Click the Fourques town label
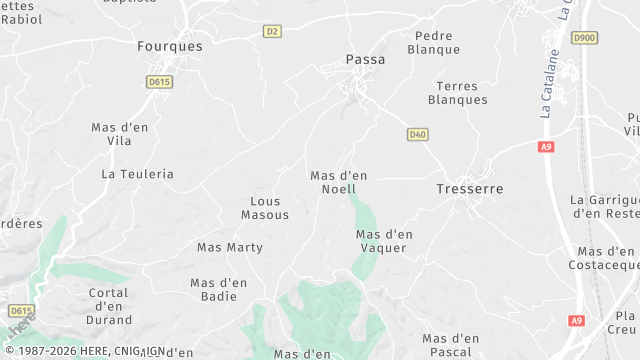click(169, 46)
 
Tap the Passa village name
click(365, 59)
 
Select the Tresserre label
click(470, 188)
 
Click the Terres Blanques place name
click(458, 93)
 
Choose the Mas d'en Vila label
click(119, 135)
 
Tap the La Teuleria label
click(137, 173)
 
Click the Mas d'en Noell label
click(339, 182)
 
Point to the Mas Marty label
click(230, 247)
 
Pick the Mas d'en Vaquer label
click(385, 241)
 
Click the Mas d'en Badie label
click(219, 289)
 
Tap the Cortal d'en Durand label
click(110, 306)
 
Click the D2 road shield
click(272, 31)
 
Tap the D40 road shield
click(418, 134)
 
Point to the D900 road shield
click(584, 38)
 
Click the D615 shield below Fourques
click(158, 82)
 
